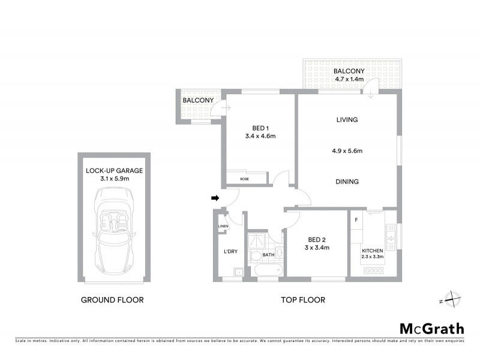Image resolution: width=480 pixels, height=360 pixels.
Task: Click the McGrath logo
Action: [x=431, y=328]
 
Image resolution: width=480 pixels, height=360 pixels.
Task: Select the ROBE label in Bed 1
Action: [x=244, y=179]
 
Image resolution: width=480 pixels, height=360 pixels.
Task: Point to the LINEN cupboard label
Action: [x=223, y=227]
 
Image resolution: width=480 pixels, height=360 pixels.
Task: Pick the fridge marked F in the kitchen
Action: [x=356, y=220]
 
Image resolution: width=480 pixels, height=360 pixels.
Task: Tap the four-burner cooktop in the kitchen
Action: [x=373, y=271]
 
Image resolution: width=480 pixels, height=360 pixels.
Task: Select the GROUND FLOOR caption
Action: [x=112, y=300]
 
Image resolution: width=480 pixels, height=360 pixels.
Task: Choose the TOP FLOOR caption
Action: [x=303, y=300]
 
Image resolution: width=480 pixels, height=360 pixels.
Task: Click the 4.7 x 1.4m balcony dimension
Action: [x=349, y=79]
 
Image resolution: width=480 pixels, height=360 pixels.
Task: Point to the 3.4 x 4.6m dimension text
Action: [x=260, y=136]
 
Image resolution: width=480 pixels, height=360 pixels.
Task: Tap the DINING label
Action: [x=347, y=182]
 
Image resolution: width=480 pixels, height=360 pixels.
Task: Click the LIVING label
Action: [x=347, y=120]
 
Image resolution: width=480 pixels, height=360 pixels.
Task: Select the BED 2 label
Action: [x=317, y=239]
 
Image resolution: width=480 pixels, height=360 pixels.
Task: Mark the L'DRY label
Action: [x=231, y=251]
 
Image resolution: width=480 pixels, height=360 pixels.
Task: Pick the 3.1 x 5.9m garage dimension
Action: [x=114, y=178]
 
